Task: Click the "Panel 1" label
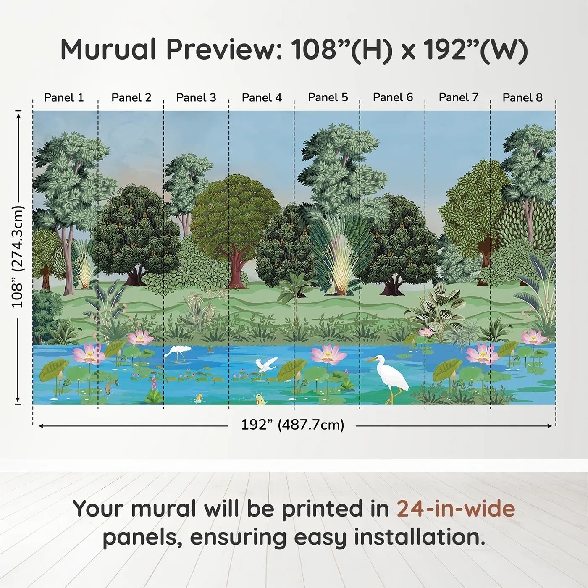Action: pos(64,97)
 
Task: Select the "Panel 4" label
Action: pos(262,97)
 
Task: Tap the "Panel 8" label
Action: pos(522,97)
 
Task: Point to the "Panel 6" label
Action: pos(393,97)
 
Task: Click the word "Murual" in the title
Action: pos(108,50)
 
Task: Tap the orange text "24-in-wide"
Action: pos(456,509)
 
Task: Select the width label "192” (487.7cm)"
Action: pos(292,425)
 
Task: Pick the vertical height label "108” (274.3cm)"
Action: pos(18,257)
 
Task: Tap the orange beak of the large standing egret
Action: pos(371,360)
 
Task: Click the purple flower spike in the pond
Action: pos(154,383)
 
